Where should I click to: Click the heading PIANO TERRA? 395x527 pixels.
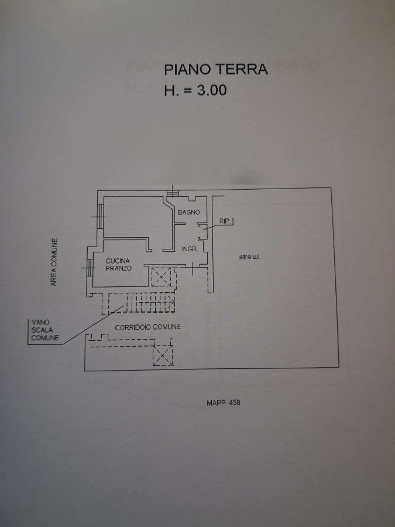click(x=215, y=69)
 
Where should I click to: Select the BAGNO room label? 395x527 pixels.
click(x=189, y=212)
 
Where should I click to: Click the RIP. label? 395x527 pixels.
click(x=225, y=221)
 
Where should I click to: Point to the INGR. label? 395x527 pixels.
click(x=190, y=249)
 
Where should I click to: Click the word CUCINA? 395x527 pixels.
click(x=118, y=261)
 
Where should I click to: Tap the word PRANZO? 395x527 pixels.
click(x=118, y=268)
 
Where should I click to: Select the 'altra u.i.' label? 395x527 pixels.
click(x=249, y=256)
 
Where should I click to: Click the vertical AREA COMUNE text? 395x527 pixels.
click(x=53, y=262)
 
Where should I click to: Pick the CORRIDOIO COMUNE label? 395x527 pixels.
click(x=147, y=327)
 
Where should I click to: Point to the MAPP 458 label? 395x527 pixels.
click(x=224, y=403)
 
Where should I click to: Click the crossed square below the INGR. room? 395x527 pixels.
click(x=162, y=277)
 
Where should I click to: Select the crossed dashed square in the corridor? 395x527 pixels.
click(x=163, y=355)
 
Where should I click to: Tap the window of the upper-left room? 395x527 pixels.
click(x=99, y=215)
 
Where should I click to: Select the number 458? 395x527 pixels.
click(x=233, y=403)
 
